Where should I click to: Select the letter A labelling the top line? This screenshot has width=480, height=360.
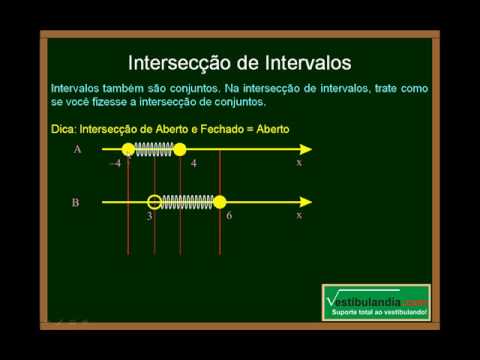[x=77, y=150]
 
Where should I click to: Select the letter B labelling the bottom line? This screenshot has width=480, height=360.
[x=76, y=203]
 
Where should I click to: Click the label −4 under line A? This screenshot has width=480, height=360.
[x=115, y=162]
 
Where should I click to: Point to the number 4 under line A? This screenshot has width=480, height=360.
[x=193, y=162]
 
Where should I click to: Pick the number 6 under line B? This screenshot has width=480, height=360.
[x=229, y=215]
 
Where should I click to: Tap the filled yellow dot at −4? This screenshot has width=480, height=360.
[x=128, y=150]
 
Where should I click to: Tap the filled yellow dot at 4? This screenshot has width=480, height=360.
[x=180, y=150]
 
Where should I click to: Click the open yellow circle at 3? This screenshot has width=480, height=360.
[x=154, y=201]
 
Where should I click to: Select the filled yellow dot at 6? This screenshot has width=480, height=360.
[x=220, y=201]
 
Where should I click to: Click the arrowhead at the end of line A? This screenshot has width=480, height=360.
[x=306, y=150]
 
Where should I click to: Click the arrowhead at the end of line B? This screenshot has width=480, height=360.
[x=306, y=201]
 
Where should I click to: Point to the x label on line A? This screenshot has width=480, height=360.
[x=298, y=162]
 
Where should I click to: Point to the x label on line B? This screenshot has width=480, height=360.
[x=298, y=214]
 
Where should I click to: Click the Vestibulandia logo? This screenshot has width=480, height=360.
[x=378, y=302]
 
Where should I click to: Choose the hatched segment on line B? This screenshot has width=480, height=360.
[x=187, y=201]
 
